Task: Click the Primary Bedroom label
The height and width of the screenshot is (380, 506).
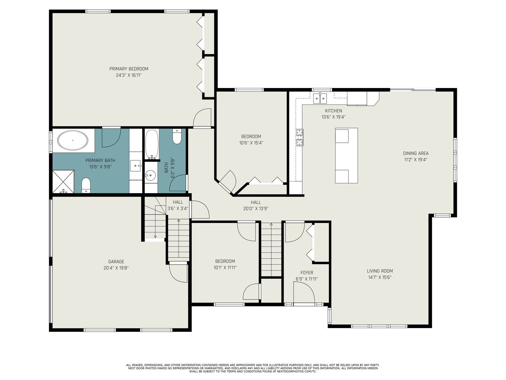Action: [x=129, y=69]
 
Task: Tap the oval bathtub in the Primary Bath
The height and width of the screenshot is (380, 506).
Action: [x=73, y=140]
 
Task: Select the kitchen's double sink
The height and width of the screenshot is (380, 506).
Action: [x=320, y=98]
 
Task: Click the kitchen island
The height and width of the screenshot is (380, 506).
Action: [x=346, y=155]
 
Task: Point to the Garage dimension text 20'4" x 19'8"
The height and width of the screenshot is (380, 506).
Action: [x=116, y=268]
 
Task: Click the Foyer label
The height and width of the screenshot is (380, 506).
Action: [x=307, y=273]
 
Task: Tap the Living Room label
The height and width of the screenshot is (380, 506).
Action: [x=380, y=271]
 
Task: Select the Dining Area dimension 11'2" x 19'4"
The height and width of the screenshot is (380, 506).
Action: [x=416, y=160]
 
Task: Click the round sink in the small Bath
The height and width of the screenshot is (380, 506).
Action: [x=150, y=175]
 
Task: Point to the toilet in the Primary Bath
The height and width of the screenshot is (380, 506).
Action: [x=86, y=185]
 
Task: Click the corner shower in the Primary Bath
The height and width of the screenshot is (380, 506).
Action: [x=63, y=181]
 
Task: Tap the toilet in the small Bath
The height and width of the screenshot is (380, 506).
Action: [x=177, y=136]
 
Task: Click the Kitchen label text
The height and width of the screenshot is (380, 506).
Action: [x=334, y=111]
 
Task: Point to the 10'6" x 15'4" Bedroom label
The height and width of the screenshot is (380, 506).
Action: [x=251, y=140]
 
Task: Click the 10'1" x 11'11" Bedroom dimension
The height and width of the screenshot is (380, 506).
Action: [x=225, y=268]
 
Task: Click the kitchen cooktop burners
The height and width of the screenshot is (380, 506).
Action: [x=300, y=137]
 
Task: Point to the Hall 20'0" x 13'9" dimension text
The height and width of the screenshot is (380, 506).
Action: [x=256, y=209]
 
